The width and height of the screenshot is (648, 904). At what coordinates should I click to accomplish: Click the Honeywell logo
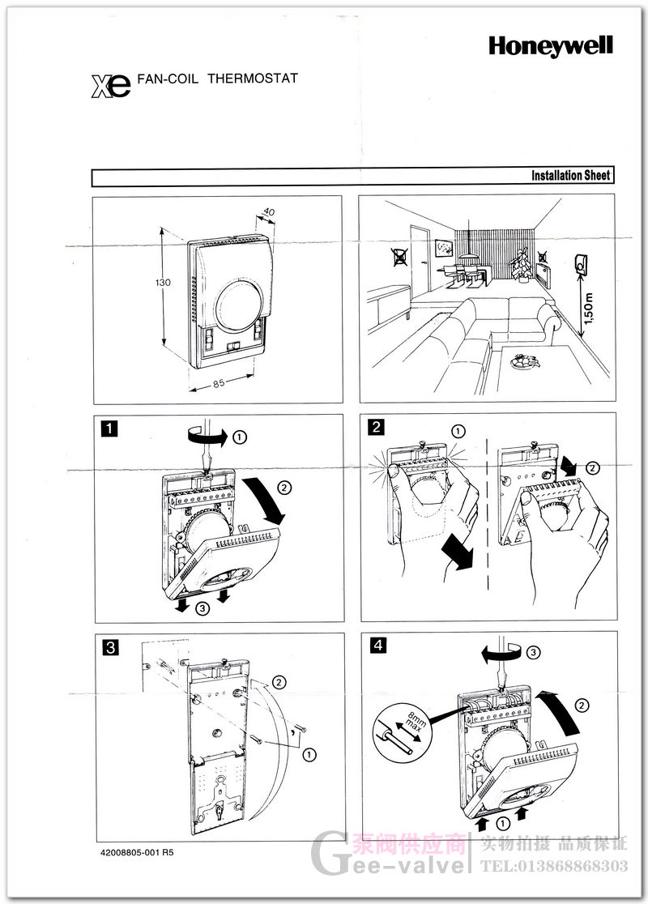coord(550,47)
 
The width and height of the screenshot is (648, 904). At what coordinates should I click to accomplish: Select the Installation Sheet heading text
coord(570,176)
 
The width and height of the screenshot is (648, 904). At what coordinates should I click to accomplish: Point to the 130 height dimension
coord(163,284)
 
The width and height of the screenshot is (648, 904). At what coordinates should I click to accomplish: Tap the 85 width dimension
coord(219,384)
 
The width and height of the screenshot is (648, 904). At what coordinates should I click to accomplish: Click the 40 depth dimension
coord(270,213)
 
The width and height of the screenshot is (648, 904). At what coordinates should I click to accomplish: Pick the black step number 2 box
coord(376,427)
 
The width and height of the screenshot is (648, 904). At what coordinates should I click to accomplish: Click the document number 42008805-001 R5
coord(137,853)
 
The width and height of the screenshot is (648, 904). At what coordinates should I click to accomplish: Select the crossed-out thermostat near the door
coord(399,258)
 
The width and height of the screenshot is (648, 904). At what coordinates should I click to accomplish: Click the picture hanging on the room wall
coord(443,246)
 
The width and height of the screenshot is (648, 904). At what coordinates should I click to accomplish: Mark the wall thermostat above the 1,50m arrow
coord(582,262)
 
